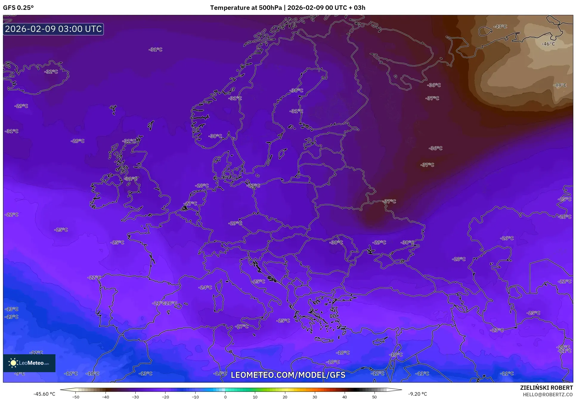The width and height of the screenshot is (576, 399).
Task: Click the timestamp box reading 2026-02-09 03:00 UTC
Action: [x=53, y=29]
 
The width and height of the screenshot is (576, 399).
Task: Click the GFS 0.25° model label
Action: [x=18, y=8]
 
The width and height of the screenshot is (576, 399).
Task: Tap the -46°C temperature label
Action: [x=548, y=44]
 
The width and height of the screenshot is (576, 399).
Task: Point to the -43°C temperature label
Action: [x=500, y=27]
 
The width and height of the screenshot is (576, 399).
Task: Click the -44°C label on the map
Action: [x=560, y=85]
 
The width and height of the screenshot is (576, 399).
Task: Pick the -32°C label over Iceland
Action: [x=51, y=72]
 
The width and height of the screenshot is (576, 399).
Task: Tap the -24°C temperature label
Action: [x=205, y=287]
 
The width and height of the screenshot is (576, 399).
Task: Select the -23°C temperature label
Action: [x=497, y=330]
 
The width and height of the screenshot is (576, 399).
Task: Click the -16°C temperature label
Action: [x=220, y=373]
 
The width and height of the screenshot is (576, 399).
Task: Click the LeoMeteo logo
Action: [x=29, y=363]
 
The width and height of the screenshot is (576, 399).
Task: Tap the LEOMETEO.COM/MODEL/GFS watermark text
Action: [x=288, y=375]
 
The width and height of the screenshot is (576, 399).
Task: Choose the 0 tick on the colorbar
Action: [x=225, y=397]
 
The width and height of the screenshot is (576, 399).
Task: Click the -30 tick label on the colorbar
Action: [x=135, y=397]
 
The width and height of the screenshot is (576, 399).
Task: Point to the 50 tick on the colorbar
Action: [x=374, y=397]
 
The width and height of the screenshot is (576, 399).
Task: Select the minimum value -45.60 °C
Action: [x=44, y=394]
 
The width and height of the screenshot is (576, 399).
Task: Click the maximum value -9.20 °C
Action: [x=418, y=394]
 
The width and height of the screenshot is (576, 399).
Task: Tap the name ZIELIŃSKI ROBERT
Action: [x=546, y=388]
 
